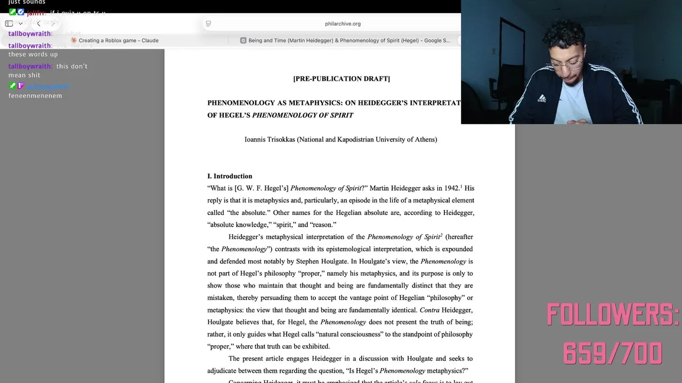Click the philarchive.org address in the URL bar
coord(343,23)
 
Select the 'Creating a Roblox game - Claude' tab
coord(118,40)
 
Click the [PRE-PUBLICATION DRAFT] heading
coord(342,79)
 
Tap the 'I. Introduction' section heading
coord(230,176)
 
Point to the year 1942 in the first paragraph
coord(451,188)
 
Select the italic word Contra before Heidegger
coord(429,310)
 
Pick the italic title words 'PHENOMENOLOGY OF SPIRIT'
coord(303,115)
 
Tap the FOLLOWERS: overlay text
coord(613,315)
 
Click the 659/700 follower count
coord(612,353)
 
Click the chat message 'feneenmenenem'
coord(35,96)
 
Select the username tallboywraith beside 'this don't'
coord(30,66)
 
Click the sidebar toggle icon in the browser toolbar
coord(9,23)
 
